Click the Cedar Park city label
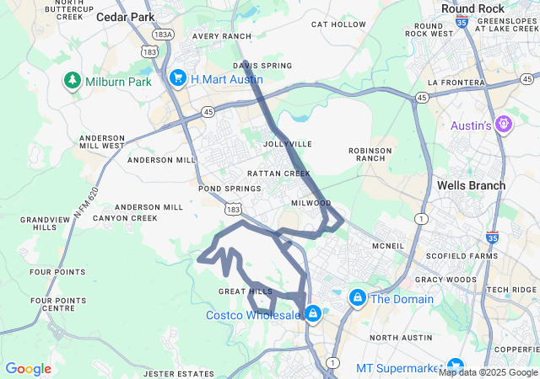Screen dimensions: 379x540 (x=126, y=16)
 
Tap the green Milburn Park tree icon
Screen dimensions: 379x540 (x=73, y=81)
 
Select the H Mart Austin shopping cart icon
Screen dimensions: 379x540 (x=178, y=78)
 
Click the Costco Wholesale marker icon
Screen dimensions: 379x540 (x=313, y=313)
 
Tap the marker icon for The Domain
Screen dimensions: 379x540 (x=358, y=298)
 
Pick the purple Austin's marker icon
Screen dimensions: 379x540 (x=505, y=125)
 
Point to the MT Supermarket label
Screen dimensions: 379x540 (x=398, y=368)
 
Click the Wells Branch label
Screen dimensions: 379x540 (x=471, y=185)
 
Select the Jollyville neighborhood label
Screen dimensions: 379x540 (x=288, y=144)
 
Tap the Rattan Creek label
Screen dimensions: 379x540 (x=273, y=173)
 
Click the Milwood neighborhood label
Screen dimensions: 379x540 (x=310, y=203)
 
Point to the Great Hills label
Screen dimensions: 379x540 (x=246, y=291)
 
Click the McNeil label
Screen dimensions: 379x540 (x=388, y=246)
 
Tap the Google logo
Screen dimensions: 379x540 (x=28, y=369)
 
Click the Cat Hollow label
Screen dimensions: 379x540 (x=338, y=24)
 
